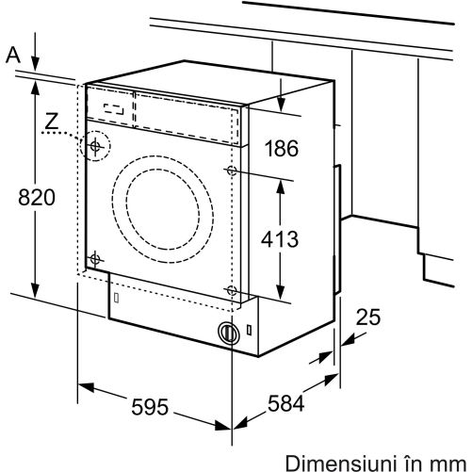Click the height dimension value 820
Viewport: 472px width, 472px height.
coord(37,198)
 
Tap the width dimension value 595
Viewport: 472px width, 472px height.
coord(150,407)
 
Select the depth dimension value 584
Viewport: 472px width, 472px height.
coord(285,403)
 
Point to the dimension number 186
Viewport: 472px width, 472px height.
coord(282,148)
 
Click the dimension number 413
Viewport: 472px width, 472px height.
coord(280,239)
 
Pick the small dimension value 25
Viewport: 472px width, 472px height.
coord(368,317)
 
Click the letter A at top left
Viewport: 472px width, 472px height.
coord(13,55)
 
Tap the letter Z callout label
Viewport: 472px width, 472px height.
coord(52,121)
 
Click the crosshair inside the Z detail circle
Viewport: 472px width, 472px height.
coord(95,146)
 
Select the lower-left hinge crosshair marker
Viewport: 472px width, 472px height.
coord(95,259)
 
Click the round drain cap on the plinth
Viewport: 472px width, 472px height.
coord(229,333)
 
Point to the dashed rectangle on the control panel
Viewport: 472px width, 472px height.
coord(113,109)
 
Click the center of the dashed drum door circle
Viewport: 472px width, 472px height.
coord(163,209)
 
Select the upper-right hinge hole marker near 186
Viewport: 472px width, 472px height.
coord(232,171)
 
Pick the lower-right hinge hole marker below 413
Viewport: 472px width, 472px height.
coord(232,290)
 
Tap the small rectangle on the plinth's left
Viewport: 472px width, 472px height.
coord(116,298)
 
